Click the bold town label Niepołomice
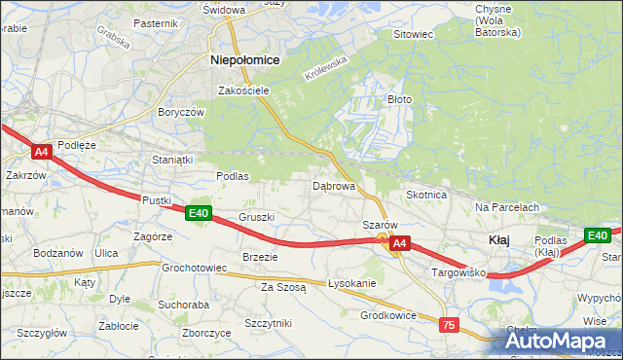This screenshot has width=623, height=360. pos(245,59)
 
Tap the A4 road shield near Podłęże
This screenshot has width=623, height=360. pos(41,152)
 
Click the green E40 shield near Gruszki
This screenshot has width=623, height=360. pos(199,213)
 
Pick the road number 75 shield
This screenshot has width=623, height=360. pos(449,325)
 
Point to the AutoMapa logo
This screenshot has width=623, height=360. pos(560,340)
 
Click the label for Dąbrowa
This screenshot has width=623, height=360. pos(333,185)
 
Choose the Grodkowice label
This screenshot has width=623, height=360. pos(388,315)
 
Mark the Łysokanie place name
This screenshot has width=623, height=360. pos(352,283)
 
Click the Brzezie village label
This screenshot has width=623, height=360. pos(260,257)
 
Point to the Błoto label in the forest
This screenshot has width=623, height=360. pos(401,99)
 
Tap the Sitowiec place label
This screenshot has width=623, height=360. pos(412,34)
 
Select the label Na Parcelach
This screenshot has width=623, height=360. pos(507,207)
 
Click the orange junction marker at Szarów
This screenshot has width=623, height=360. pos(384,237)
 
